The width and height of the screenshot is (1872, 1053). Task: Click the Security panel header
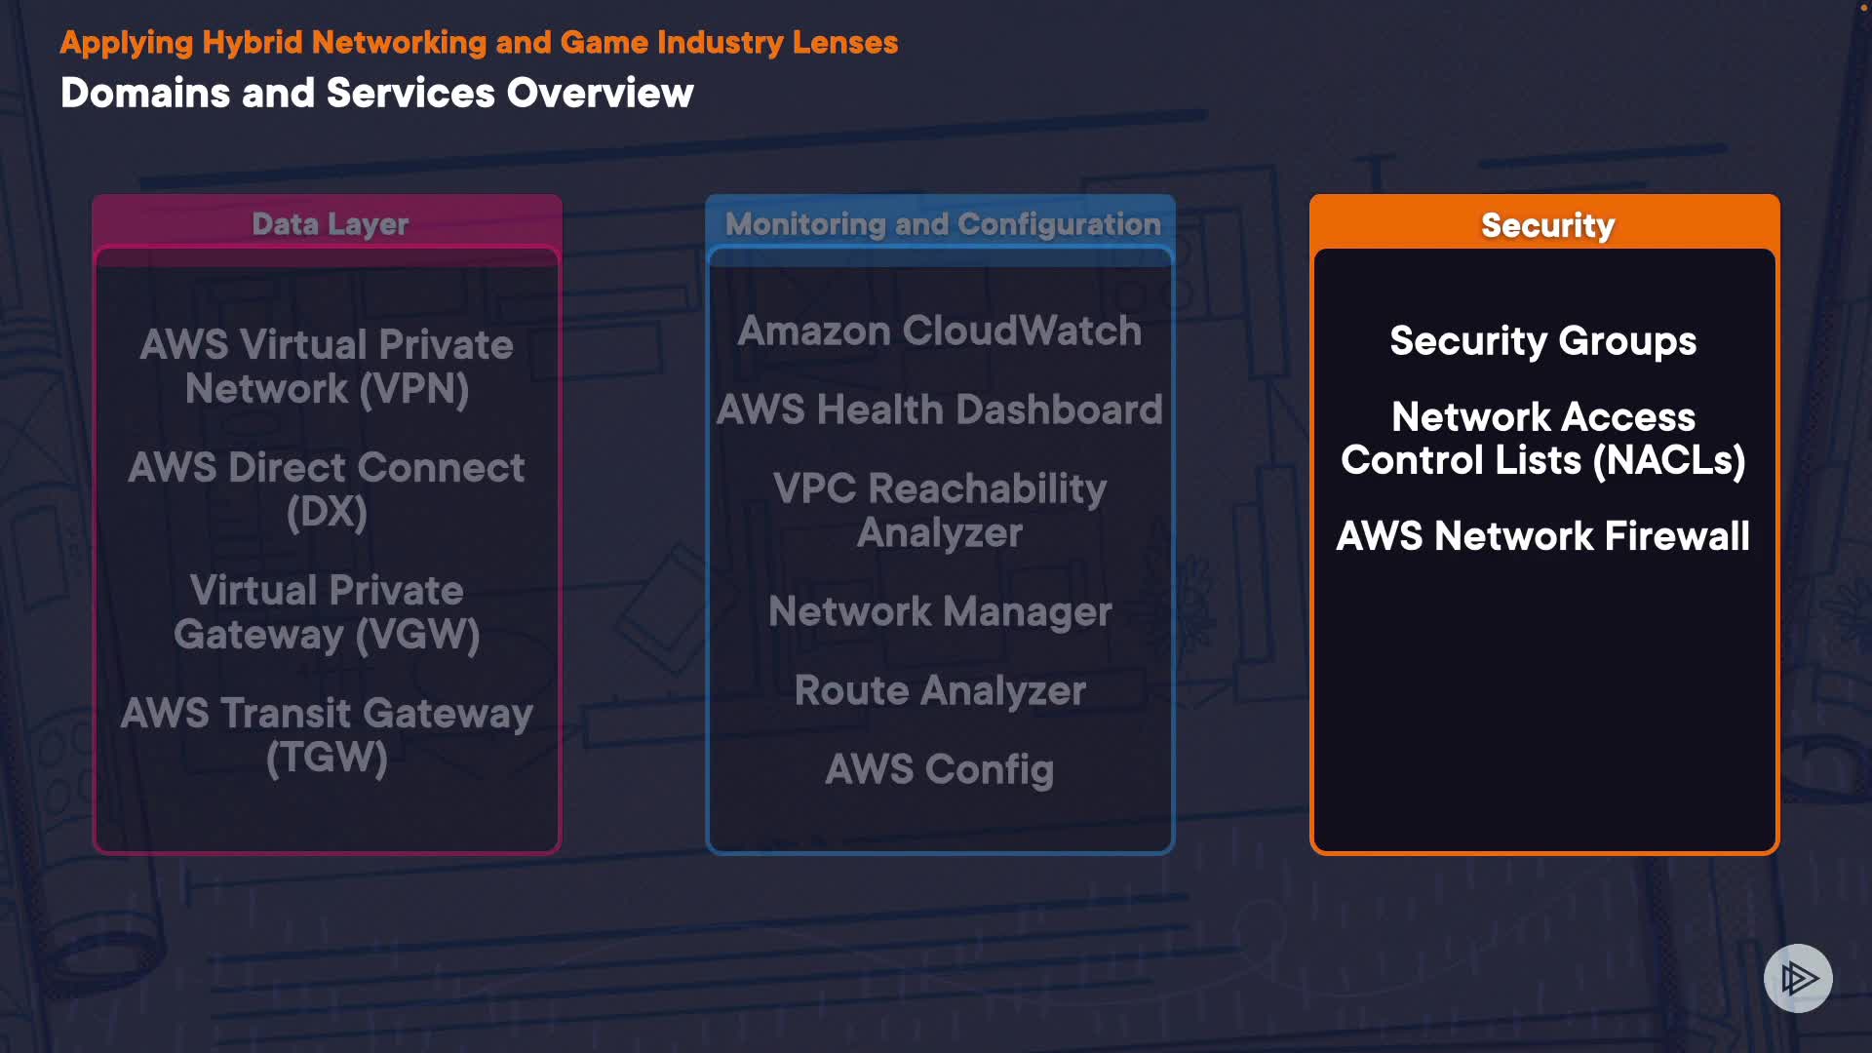pos(1546,225)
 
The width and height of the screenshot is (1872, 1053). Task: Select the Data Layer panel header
pos(330,224)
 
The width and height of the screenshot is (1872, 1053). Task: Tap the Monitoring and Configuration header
pos(943,224)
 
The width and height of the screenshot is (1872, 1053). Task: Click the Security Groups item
pos(1542,341)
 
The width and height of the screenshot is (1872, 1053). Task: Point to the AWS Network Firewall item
pos(1542,536)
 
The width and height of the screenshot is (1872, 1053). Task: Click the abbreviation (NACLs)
pos(1668,460)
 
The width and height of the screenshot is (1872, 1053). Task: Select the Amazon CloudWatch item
pos(939,331)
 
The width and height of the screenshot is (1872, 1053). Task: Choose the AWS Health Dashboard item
pos(939,409)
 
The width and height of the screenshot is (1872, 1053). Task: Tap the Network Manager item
pos(939,612)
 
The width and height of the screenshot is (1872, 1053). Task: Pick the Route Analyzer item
pos(939,691)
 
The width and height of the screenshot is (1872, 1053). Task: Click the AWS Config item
pos(939,770)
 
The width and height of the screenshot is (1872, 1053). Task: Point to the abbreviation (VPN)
pos(413,390)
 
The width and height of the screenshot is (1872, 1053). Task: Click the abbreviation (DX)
pos(327,513)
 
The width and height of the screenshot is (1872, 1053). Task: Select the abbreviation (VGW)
pos(417,636)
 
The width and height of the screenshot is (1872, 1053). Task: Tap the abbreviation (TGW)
pos(327,759)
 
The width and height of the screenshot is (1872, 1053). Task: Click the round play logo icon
pos(1798,978)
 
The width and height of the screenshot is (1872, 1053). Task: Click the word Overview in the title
pos(600,94)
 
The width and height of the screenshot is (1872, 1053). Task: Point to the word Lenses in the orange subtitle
pos(844,43)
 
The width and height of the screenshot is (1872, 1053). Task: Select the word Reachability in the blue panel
pos(987,488)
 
